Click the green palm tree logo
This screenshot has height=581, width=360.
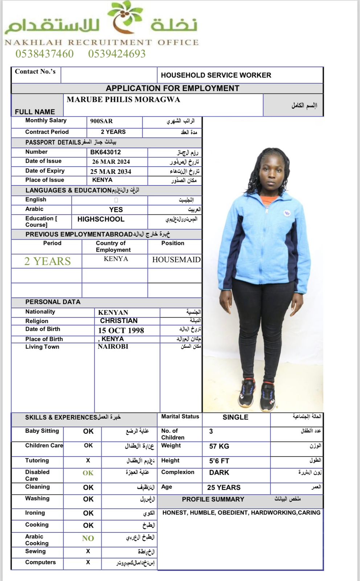tap(125, 16)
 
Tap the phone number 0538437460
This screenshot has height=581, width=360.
tap(44, 54)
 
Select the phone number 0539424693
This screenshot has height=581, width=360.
tap(117, 54)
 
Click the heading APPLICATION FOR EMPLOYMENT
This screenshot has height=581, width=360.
tap(172, 88)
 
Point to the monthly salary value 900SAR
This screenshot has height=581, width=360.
tap(101, 121)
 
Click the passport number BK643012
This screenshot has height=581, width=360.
tap(105, 152)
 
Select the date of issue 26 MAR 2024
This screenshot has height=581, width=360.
tap(111, 162)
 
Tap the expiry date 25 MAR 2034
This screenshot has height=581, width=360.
tap(111, 171)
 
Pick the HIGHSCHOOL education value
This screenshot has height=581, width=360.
tap(101, 219)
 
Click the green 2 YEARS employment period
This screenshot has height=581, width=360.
tap(47, 261)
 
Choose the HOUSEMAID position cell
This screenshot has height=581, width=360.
tap(176, 260)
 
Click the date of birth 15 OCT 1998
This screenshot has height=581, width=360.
tap(121, 330)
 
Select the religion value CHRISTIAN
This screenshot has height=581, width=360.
tap(119, 321)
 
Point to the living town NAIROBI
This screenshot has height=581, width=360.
tap(113, 346)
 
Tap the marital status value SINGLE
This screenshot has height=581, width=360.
tap(235, 417)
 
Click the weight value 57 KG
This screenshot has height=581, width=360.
tap(219, 446)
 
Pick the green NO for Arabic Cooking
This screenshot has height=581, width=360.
tap(88, 538)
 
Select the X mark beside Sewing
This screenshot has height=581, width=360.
tap(88, 551)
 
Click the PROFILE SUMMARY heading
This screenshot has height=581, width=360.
tap(213, 499)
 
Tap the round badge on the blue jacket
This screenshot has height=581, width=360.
tap(286, 214)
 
